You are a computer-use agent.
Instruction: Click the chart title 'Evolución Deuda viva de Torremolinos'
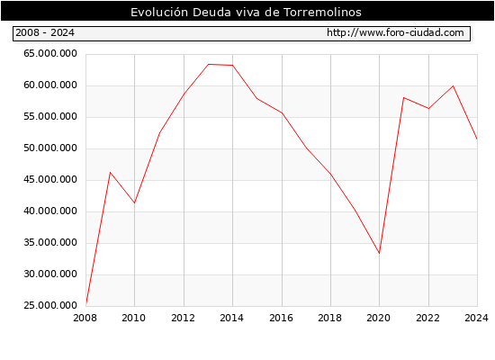(x=246, y=12)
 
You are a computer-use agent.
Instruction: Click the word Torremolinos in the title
(x=322, y=12)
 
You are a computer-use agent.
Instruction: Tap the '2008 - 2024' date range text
(x=45, y=32)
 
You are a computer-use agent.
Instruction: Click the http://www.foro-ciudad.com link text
(x=395, y=32)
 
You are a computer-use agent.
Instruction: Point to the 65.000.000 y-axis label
(x=50, y=54)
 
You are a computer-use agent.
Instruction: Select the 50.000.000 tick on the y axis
(x=50, y=148)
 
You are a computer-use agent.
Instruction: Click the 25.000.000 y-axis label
(x=50, y=305)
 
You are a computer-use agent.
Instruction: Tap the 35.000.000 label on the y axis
(x=50, y=242)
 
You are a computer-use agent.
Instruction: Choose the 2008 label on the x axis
(x=85, y=318)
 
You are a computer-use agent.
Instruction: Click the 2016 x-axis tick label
(x=282, y=318)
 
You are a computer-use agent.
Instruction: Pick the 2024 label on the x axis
(x=476, y=318)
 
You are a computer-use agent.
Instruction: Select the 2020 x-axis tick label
(x=379, y=318)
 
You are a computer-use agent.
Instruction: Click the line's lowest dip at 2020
(x=379, y=253)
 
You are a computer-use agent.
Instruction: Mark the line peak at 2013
(x=209, y=65)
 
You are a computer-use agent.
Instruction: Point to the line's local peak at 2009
(x=110, y=173)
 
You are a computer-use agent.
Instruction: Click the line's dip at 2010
(x=134, y=202)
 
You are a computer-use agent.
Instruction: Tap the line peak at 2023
(x=453, y=85)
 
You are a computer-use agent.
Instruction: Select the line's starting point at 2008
(x=85, y=304)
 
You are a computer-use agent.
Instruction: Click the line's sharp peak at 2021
(x=404, y=97)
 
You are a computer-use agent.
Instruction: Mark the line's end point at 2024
(x=477, y=139)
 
